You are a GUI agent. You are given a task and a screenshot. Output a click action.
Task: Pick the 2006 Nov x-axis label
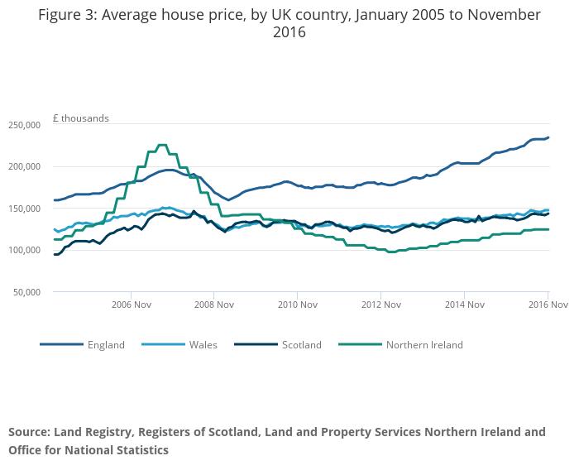pyautogui.click(x=131, y=305)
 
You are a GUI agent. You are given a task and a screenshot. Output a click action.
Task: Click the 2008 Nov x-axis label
pyautogui.click(x=214, y=305)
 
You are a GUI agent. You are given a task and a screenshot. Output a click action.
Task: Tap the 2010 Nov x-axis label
pyautogui.click(x=298, y=305)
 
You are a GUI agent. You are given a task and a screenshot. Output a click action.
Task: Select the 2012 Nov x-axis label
pyautogui.click(x=380, y=305)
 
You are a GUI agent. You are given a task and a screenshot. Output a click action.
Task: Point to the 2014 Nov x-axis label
pyautogui.click(x=464, y=305)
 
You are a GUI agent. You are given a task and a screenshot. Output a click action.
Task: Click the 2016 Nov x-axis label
pyautogui.click(x=547, y=305)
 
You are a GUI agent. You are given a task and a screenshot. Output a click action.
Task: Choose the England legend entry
pyautogui.click(x=106, y=345)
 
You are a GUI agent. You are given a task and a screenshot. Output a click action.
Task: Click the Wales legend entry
pyautogui.click(x=203, y=345)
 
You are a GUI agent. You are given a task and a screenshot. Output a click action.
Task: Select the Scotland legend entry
pyautogui.click(x=302, y=345)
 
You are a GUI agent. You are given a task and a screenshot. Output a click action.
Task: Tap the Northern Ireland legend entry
pyautogui.click(x=424, y=345)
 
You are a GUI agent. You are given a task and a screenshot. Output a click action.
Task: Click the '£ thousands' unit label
pyautogui.click(x=81, y=118)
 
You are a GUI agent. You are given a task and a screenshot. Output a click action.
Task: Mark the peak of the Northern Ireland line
pyautogui.click(x=162, y=146)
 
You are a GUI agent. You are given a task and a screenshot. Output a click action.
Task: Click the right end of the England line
pyautogui.click(x=548, y=137)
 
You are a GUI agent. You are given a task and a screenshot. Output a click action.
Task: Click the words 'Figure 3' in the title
pyautogui.click(x=69, y=15)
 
